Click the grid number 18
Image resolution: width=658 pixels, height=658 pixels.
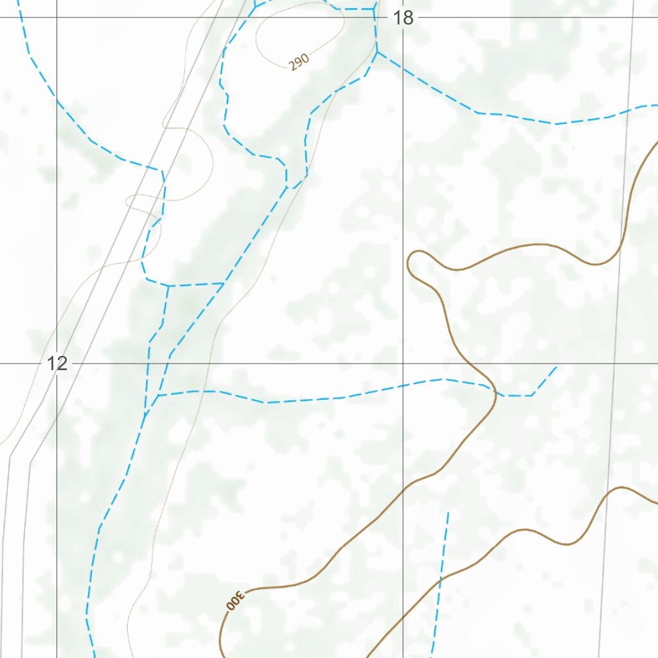pyautogui.click(x=404, y=18)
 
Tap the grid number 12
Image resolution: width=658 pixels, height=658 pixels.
pyautogui.click(x=57, y=364)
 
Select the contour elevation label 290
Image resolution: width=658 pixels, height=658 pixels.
pyautogui.click(x=299, y=62)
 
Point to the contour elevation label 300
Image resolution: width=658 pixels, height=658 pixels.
pyautogui.click(x=235, y=600)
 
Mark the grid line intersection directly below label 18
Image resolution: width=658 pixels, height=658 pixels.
pyautogui.click(x=403, y=363)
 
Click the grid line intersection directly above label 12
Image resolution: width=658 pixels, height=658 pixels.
pyautogui.click(x=57, y=17)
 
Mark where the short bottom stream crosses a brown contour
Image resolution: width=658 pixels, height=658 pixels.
pyautogui.click(x=441, y=578)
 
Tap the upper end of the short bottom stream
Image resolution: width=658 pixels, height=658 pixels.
pyautogui.click(x=448, y=512)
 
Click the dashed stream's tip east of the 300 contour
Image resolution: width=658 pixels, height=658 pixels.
pyautogui.click(x=556, y=367)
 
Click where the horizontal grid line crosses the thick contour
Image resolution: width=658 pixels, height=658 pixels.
pyautogui.click(x=477, y=363)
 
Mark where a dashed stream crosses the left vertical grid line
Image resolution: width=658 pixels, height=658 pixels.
pyautogui.click(x=57, y=101)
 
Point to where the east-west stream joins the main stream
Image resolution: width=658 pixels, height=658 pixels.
pyautogui.click(x=158, y=395)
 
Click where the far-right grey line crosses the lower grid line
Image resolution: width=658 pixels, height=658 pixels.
pyautogui.click(x=614, y=363)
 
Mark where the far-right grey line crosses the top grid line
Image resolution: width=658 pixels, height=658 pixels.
pyautogui.click(x=632, y=17)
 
